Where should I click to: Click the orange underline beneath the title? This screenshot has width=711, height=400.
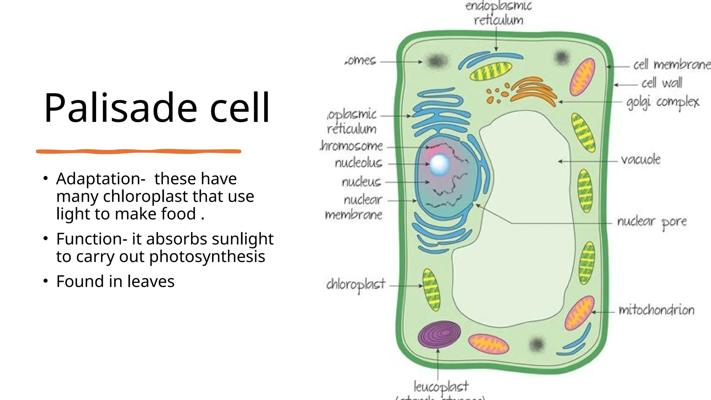click(x=139, y=151)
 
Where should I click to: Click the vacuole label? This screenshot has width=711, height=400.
click(x=641, y=160)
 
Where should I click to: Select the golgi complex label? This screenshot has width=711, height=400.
click(x=662, y=102)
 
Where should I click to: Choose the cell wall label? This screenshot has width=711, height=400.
click(x=661, y=83)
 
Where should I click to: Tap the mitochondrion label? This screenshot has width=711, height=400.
click(x=656, y=310)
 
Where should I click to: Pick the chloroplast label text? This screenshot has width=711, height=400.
click(x=355, y=285)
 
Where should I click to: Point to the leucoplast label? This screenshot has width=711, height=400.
click(x=441, y=386)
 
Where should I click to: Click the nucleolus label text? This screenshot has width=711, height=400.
click(x=358, y=163)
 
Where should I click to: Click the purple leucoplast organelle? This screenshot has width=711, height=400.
click(x=439, y=334)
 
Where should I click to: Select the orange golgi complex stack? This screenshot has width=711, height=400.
click(x=533, y=91)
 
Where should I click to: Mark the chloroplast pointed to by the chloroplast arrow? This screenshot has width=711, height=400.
click(x=431, y=290)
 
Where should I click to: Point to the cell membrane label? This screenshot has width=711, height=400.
click(x=671, y=65)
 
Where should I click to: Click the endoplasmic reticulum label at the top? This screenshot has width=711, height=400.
click(x=499, y=13)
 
